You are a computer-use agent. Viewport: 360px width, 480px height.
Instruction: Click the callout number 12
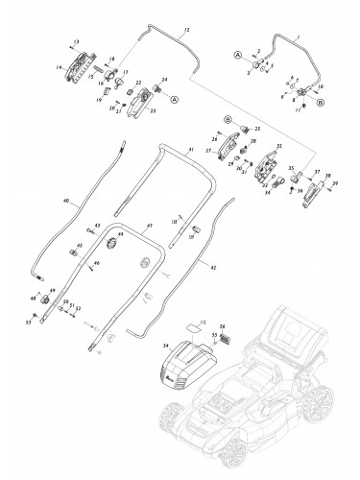coord(185,33)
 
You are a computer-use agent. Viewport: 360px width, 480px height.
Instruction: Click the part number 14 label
coord(59,68)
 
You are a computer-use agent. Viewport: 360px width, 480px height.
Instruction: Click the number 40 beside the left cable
coord(65,203)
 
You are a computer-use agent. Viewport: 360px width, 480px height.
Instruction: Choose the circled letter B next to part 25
coord(229,118)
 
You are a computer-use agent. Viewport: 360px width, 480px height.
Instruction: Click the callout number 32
coord(279,147)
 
